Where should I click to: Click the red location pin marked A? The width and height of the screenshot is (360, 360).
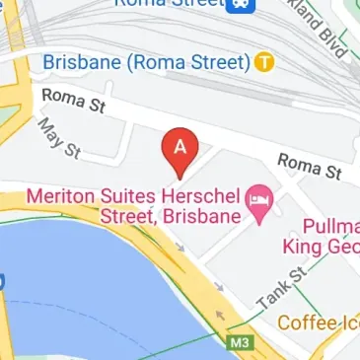180,149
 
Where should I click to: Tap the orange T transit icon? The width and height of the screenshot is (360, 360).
263,62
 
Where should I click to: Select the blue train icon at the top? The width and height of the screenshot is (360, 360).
240,5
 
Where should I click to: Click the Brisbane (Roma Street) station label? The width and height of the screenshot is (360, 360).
147,62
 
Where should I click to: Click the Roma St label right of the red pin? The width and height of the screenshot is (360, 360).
309,166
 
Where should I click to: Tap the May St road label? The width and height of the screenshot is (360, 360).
58,138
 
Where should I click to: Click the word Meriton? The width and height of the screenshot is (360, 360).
58,196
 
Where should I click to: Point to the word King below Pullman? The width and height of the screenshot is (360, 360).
306,246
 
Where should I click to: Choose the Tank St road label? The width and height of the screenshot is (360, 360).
275,286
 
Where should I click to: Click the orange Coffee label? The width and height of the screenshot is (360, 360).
306,323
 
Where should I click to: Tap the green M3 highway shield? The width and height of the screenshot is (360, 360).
239,343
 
